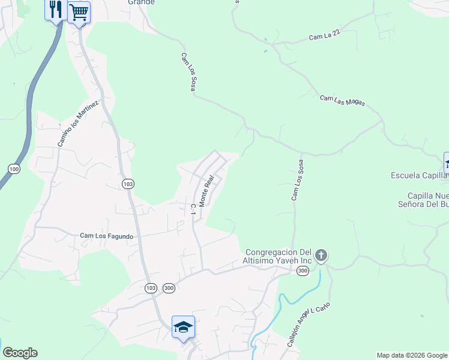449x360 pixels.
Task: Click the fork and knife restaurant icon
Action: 56,10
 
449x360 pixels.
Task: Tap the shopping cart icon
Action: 79,11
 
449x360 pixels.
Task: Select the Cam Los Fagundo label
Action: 106,236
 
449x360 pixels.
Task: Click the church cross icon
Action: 321,256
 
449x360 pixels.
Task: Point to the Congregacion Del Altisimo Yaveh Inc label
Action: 277,256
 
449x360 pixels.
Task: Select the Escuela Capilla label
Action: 419,175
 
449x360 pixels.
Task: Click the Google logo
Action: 20,353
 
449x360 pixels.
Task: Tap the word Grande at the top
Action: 141,2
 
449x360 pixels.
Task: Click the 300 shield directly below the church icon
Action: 302,272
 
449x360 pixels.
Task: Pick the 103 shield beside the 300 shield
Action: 151,289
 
